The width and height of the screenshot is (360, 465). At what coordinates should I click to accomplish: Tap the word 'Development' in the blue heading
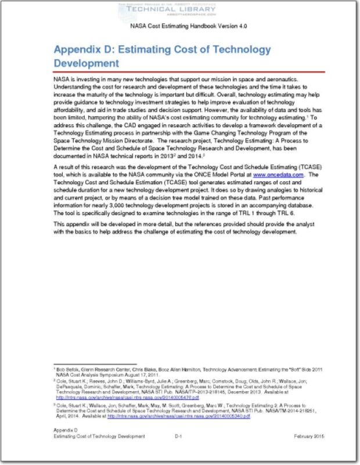87,62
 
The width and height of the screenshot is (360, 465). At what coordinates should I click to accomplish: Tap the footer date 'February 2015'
309,452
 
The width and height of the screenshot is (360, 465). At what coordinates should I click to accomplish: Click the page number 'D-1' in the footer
179,452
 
